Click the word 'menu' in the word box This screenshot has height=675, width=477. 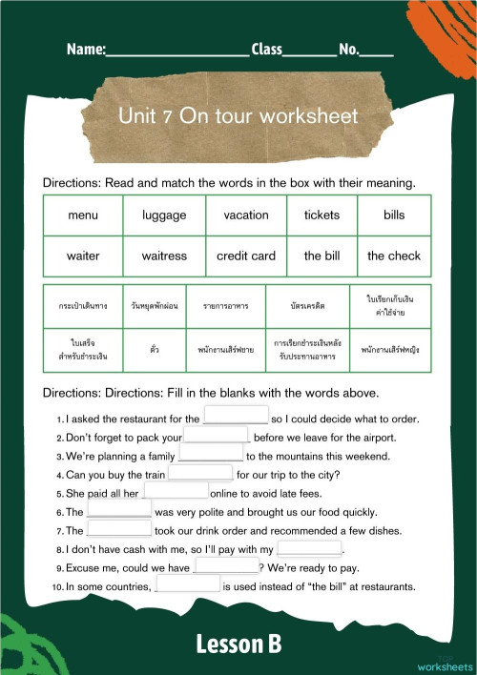coord(83,215)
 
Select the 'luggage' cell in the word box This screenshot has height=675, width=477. coord(164,215)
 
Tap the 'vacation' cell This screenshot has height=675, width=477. coord(246,215)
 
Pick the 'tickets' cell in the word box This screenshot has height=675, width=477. coord(321,215)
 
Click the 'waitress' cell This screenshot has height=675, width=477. coord(164,256)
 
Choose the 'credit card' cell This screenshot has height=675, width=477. coord(246,256)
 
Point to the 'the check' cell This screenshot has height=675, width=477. coord(394,256)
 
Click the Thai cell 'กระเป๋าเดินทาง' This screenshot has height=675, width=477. coord(83,306)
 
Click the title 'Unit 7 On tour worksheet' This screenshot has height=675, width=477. coord(238,116)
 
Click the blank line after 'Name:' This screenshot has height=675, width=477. coord(177,50)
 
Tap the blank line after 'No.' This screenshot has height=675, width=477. coord(377,50)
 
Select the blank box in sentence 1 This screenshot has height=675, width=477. coord(236,418)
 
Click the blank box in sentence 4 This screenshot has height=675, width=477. coord(200,473)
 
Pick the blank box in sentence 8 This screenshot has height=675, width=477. coord(308,549)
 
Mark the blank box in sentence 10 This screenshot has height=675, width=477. coord(187,585)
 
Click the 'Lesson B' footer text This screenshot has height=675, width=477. coord(238,644)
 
